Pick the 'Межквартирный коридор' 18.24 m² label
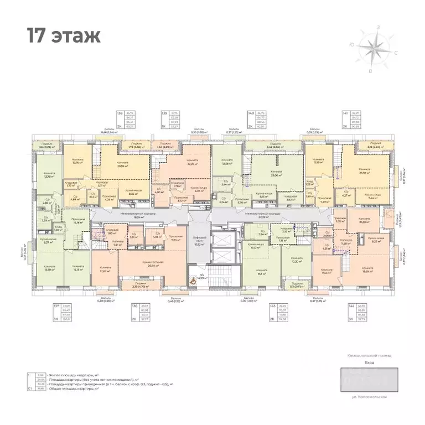pos(143,215)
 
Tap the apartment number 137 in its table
pos(56,306)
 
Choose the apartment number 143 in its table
pos(272,306)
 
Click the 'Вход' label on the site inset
pos(370,362)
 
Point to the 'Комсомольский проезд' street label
pos(370,355)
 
